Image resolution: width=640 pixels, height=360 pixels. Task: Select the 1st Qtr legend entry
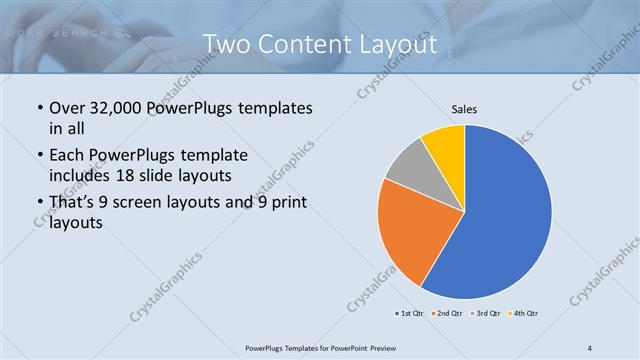pyautogui.click(x=409, y=313)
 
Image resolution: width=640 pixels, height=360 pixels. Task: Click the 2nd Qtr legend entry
pyautogui.click(x=448, y=313)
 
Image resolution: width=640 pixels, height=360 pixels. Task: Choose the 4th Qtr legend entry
pyautogui.click(x=525, y=313)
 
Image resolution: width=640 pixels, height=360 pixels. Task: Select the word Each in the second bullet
pyautogui.click(x=67, y=156)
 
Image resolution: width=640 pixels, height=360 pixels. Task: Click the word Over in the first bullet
pyautogui.click(x=68, y=108)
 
